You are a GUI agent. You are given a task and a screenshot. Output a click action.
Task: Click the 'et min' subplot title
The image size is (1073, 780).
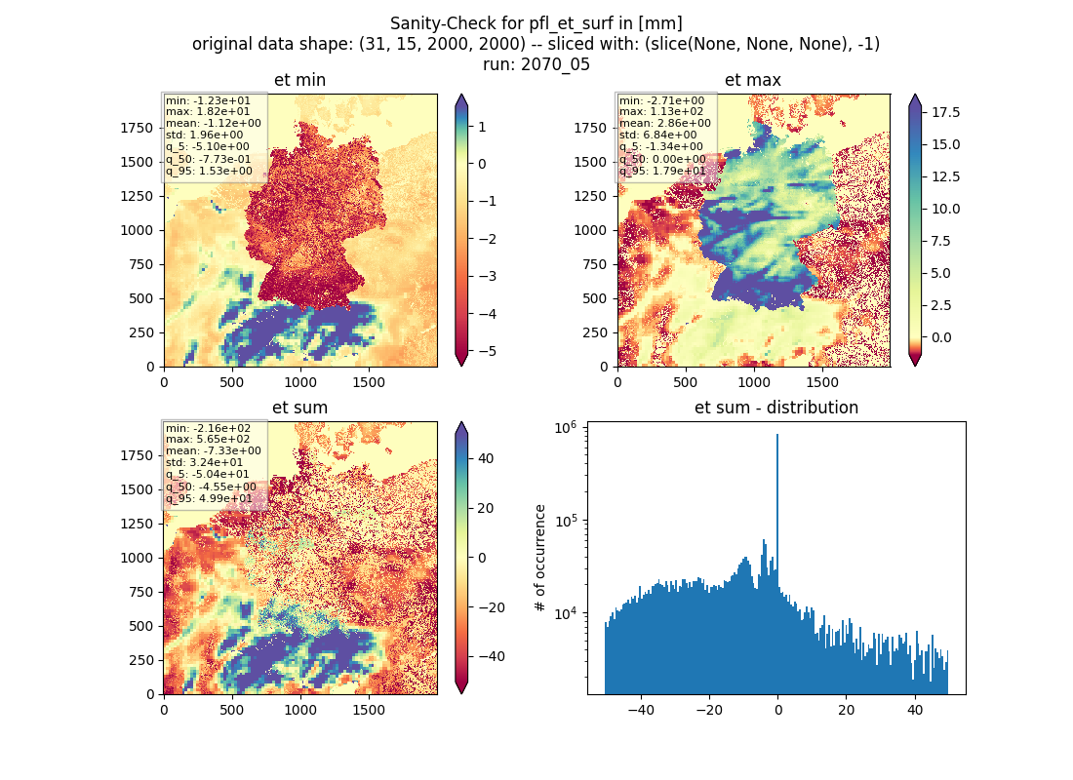[299, 80]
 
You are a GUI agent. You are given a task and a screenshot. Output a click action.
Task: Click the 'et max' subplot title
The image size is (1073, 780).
[753, 80]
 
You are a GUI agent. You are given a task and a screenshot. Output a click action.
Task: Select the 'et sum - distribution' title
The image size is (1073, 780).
[776, 408]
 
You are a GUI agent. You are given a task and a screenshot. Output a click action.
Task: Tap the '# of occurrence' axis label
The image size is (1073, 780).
[540, 559]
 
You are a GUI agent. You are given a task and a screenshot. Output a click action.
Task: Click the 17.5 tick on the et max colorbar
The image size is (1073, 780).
[945, 112]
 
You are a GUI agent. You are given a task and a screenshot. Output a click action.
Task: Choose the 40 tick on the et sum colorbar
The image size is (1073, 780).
[486, 458]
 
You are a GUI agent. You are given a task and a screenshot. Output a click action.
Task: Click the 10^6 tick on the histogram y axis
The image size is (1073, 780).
[565, 428]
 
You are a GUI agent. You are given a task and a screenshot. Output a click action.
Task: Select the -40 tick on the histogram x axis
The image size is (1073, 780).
[641, 710]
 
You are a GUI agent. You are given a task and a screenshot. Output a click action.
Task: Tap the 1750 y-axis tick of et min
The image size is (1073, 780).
[138, 128]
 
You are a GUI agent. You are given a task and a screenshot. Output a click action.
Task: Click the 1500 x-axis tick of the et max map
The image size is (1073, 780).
[822, 382]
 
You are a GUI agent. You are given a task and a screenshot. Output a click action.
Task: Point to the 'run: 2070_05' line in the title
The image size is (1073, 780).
[536, 64]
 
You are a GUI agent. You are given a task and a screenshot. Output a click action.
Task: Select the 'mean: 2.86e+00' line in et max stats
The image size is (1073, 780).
[665, 123]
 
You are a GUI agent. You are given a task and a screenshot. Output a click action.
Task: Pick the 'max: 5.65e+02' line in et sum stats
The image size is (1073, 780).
[208, 440]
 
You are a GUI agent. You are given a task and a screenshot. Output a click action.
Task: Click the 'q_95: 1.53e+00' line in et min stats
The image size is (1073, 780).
[209, 171]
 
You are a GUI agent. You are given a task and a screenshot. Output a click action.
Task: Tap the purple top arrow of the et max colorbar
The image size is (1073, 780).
[915, 100]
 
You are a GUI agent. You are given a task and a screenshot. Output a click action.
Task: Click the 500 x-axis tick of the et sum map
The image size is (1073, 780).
[232, 710]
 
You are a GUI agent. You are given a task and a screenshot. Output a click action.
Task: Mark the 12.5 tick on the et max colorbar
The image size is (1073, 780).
[945, 176]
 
